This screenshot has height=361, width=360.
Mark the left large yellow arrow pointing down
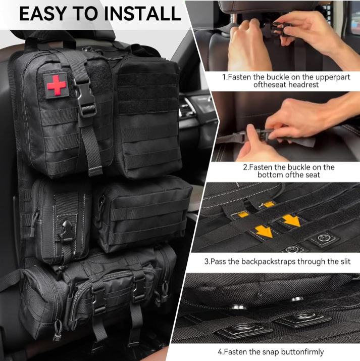point(263,231)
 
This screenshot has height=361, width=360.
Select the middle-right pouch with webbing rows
point(143,213)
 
